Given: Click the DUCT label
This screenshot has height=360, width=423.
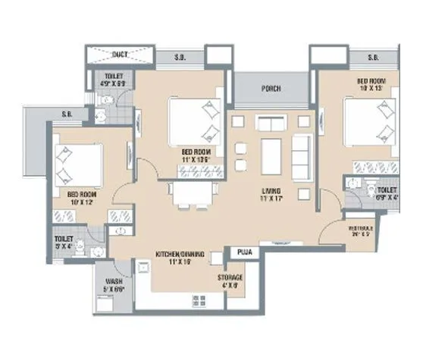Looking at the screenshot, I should point(119,54).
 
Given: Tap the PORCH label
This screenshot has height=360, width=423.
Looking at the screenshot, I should point(270,89).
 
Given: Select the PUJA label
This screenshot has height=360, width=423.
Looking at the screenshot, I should point(244,250).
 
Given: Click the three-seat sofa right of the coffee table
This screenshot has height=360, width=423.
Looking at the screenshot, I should point(302,154).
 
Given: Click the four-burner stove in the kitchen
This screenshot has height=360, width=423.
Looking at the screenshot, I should point(199,300).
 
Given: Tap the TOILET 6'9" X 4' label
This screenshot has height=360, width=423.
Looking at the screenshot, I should point(387,193).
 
